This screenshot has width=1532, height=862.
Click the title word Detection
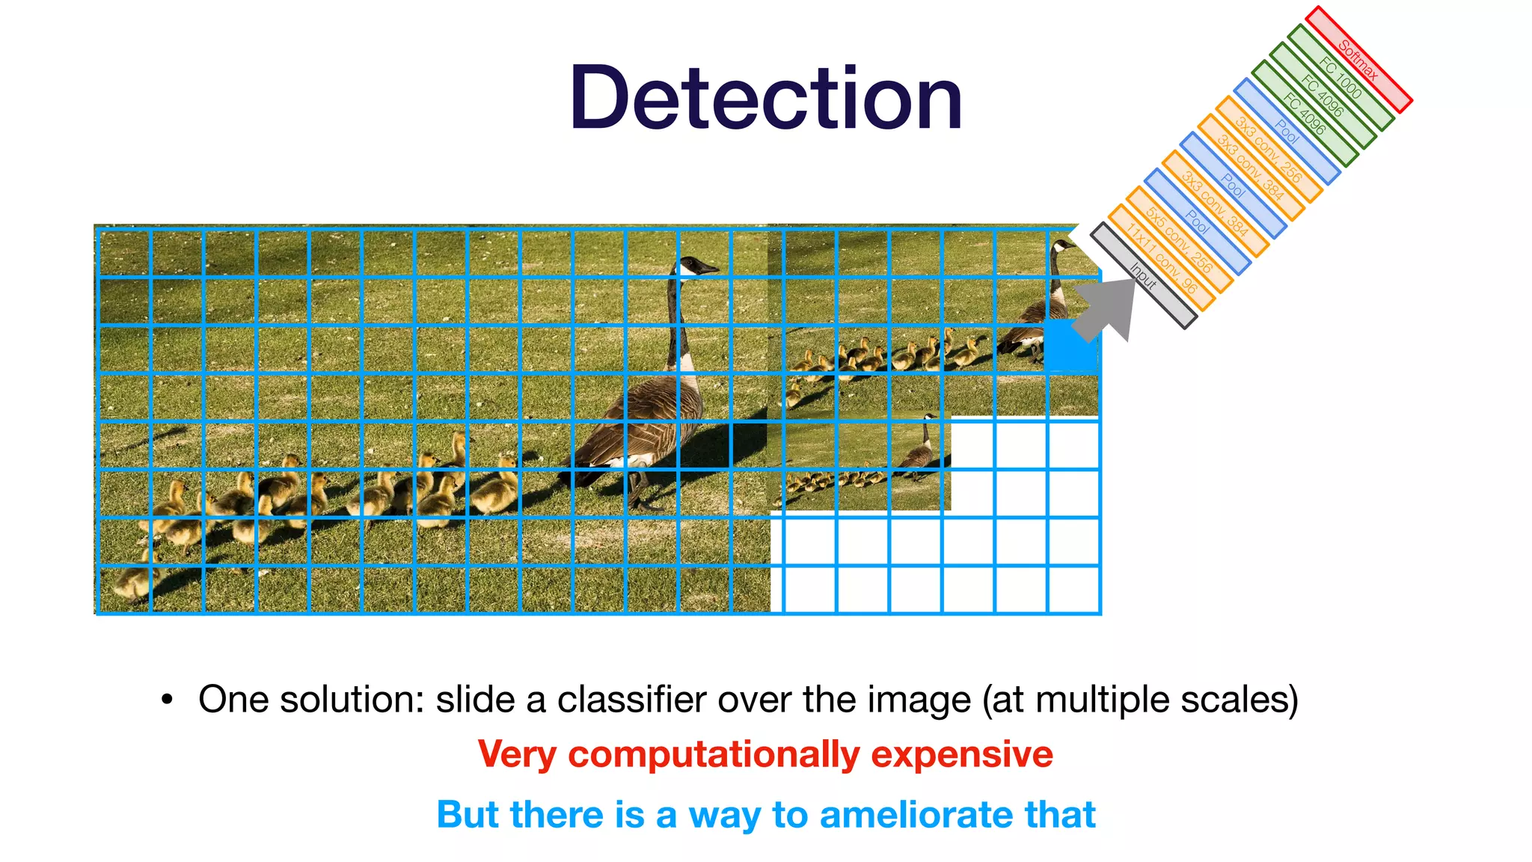(765, 99)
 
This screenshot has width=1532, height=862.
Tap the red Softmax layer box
(1358, 59)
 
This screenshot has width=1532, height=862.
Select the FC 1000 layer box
(1340, 77)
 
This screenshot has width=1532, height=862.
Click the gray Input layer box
(1143, 275)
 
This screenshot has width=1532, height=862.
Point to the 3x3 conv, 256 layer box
(1269, 150)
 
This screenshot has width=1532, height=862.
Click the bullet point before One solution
(167, 700)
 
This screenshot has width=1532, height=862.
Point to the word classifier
(632, 700)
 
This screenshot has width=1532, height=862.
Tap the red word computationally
(714, 754)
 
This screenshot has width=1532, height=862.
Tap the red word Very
(517, 754)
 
